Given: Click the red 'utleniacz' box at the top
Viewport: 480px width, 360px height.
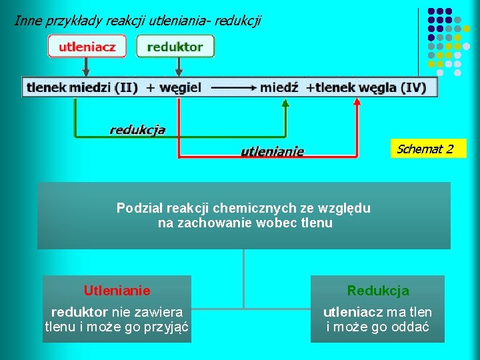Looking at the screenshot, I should click(86, 47).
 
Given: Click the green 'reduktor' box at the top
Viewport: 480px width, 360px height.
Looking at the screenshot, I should click(175, 47).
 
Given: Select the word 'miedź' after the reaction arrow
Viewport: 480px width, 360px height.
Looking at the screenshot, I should click(279, 87).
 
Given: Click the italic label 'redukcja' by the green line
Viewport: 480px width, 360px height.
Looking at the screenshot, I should click(137, 130).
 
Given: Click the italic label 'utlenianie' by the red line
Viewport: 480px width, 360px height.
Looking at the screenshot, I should click(272, 151).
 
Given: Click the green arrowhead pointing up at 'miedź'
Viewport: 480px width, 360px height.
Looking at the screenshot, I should click(286, 103).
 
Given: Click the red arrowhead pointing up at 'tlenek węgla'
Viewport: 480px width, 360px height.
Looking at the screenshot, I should click(357, 103).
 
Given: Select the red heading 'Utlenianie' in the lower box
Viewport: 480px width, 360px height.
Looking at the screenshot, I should click(117, 291).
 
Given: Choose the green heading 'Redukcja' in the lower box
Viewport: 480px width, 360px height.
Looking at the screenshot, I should click(378, 291).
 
